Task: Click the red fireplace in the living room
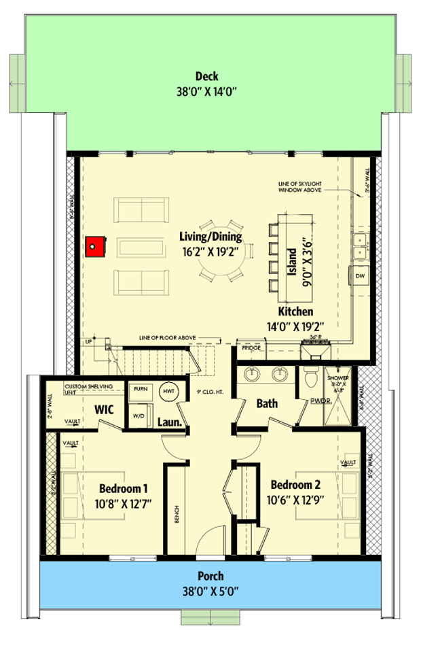pyautogui.click(x=96, y=246)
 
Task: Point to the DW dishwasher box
pyautogui.click(x=361, y=276)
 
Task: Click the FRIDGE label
pyautogui.click(x=251, y=347)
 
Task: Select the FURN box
pyautogui.click(x=141, y=388)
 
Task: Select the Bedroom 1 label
pyautogui.click(x=124, y=488)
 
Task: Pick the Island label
pyautogui.click(x=291, y=261)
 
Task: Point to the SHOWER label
pyautogui.click(x=337, y=377)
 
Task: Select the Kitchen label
pyautogui.click(x=294, y=311)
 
